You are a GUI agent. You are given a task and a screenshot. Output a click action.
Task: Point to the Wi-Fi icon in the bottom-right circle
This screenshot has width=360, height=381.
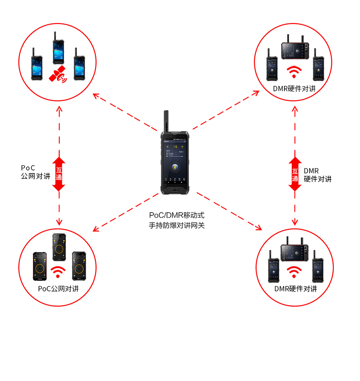click(295, 271)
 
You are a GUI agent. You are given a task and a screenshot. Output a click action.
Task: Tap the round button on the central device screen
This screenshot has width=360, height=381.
click(176, 167)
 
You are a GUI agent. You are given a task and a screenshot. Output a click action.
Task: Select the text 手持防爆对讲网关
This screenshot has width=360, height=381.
click(177, 226)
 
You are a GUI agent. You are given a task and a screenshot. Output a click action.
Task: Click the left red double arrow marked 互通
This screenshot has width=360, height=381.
click(59, 174)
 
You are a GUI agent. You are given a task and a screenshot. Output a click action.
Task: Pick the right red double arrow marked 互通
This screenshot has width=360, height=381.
click(295, 174)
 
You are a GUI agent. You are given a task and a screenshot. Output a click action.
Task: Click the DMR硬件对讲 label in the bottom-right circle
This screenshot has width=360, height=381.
click(295, 289)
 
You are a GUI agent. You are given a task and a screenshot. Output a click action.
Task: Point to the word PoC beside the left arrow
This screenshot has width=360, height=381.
click(28, 168)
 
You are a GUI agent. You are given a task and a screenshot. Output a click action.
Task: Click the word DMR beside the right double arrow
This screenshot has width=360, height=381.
click(311, 171)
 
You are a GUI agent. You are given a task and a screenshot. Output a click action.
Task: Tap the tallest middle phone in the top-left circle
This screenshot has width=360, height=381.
click(58, 53)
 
